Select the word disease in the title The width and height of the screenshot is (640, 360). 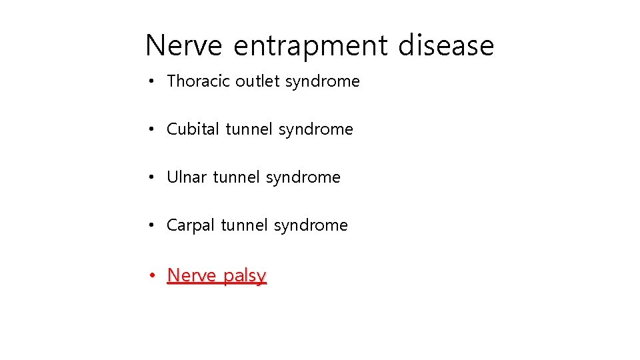point(446,46)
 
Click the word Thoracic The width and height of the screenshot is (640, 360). point(199,81)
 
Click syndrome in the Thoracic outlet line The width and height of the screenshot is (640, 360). point(322,82)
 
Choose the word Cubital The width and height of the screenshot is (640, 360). point(193,129)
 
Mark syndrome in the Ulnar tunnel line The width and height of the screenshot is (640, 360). point(303,178)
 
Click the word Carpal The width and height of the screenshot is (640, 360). point(191,226)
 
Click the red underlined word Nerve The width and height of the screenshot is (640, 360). point(191,275)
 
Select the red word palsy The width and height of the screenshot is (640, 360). point(245,276)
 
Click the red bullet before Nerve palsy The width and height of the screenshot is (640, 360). point(153,275)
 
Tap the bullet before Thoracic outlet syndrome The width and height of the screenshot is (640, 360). point(153,81)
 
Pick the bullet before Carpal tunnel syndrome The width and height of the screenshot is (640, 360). point(153,226)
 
